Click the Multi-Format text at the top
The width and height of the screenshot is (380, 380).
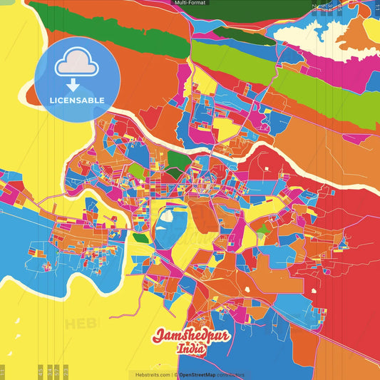[x=189, y=3]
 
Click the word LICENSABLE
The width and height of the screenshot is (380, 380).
[x=76, y=101]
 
